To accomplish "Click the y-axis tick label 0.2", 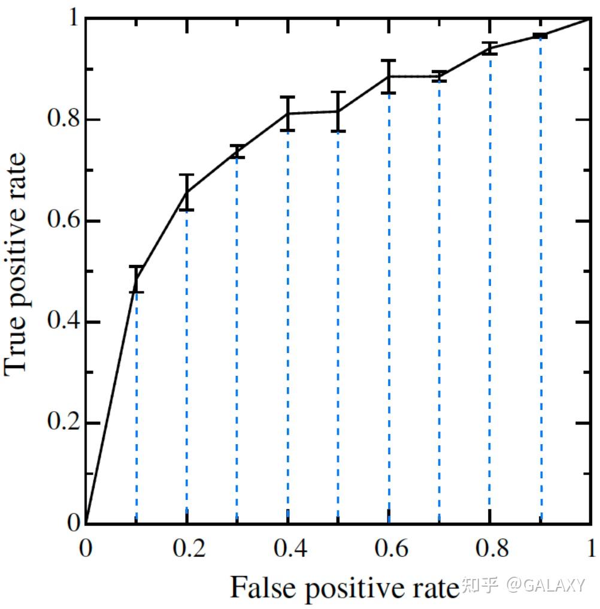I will pos(62,423).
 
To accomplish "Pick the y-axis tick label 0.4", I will pos(62,322).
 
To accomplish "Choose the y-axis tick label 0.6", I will pos(62,221).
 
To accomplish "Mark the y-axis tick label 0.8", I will pos(62,120).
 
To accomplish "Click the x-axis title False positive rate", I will pos(343,587).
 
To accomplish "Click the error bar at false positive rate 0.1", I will pos(137,279).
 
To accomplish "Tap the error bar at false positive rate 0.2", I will pos(187,192).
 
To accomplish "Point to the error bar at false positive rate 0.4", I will pos(288,113).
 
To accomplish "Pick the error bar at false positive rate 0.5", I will pos(338,111).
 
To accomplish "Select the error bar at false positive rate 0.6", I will pos(389,77).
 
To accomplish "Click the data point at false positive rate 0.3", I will pos(237,152).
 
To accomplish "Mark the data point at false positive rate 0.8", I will pos(490,49).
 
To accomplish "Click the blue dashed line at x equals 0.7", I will pos(440,300).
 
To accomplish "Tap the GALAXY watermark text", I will pos(546,585).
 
